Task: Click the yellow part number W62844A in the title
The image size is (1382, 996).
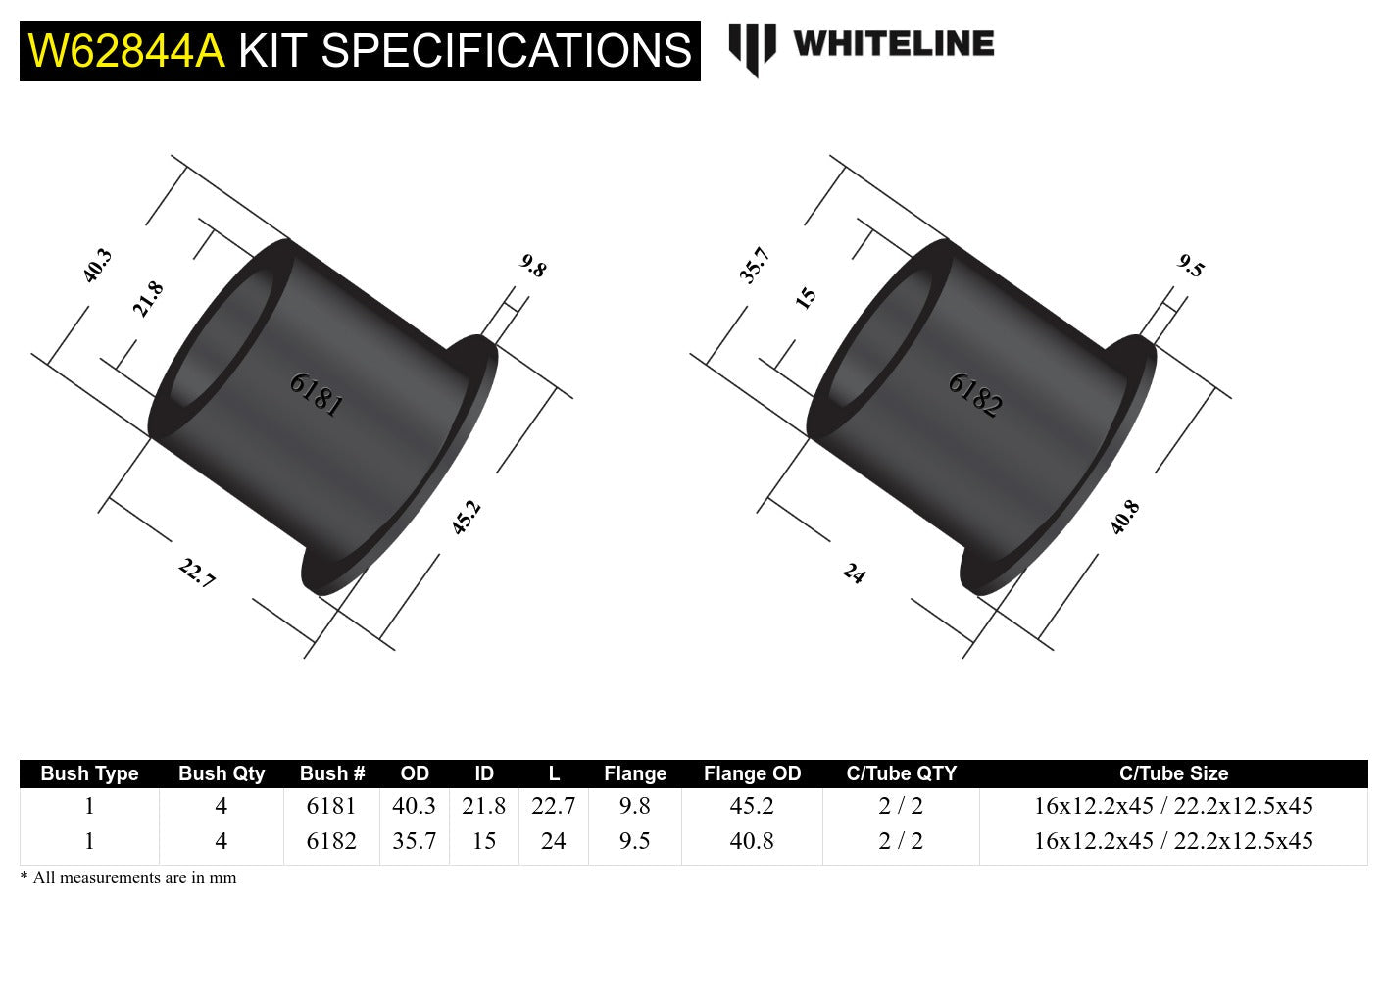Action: point(126,51)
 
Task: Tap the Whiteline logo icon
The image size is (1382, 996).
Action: point(752,48)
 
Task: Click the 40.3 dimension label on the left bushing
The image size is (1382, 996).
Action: point(97,266)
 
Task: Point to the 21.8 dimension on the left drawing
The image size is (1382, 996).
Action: point(148,299)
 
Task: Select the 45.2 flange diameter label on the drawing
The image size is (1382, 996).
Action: point(466,517)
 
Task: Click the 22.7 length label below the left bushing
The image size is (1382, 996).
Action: point(197,573)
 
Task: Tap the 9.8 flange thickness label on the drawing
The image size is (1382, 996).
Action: point(533,266)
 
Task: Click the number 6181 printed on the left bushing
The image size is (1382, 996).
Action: point(316,395)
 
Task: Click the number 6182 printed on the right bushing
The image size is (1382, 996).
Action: point(974,395)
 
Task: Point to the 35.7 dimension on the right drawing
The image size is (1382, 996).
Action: point(755,266)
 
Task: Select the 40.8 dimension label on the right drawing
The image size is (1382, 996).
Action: point(1124,517)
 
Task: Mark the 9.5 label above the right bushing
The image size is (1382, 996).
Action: point(1191,266)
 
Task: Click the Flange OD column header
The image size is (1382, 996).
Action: point(752,773)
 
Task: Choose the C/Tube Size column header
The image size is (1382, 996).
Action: point(1173,773)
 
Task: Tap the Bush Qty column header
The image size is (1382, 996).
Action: point(222,773)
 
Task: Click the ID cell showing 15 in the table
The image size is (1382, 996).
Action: point(484,841)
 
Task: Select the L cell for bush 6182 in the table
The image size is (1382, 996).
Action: point(554,841)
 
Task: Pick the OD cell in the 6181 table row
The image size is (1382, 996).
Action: point(415,806)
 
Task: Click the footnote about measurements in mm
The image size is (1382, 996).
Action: point(128,878)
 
